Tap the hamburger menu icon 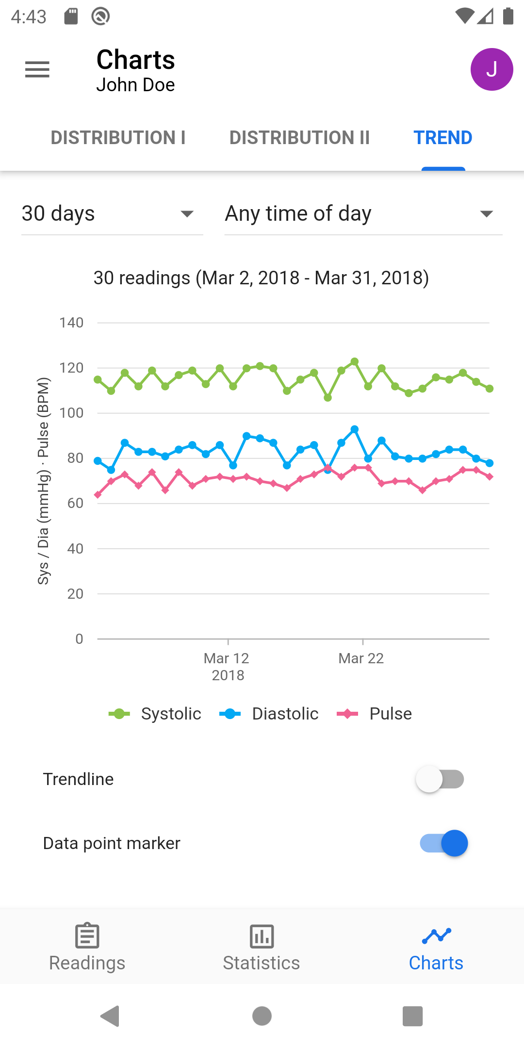coord(37,69)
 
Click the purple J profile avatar coord(491,69)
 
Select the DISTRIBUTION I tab coord(118,138)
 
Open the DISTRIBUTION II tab coord(299,138)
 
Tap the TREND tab coord(442,138)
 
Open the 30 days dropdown coord(112,214)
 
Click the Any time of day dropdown coord(363,214)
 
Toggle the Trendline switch coord(440,779)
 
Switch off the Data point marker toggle coord(443,843)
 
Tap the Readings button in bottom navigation coord(87,948)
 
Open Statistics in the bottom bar coord(262,948)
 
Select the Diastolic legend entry coord(269,714)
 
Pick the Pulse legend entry coord(375,714)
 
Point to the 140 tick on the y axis coord(71,323)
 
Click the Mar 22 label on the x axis coord(361,658)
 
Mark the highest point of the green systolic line coord(355,361)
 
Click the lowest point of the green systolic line coord(328,398)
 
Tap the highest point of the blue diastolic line coord(355,429)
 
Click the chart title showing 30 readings coord(262,278)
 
